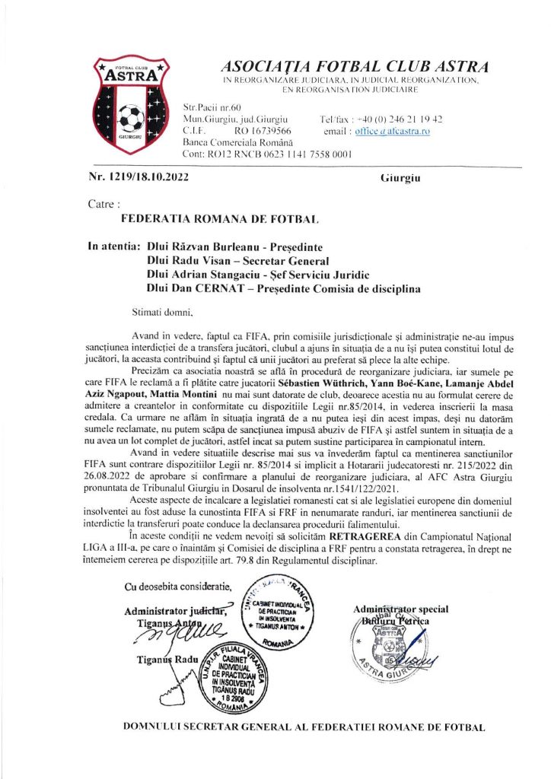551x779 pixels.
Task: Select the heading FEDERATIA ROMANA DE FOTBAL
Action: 219,219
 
